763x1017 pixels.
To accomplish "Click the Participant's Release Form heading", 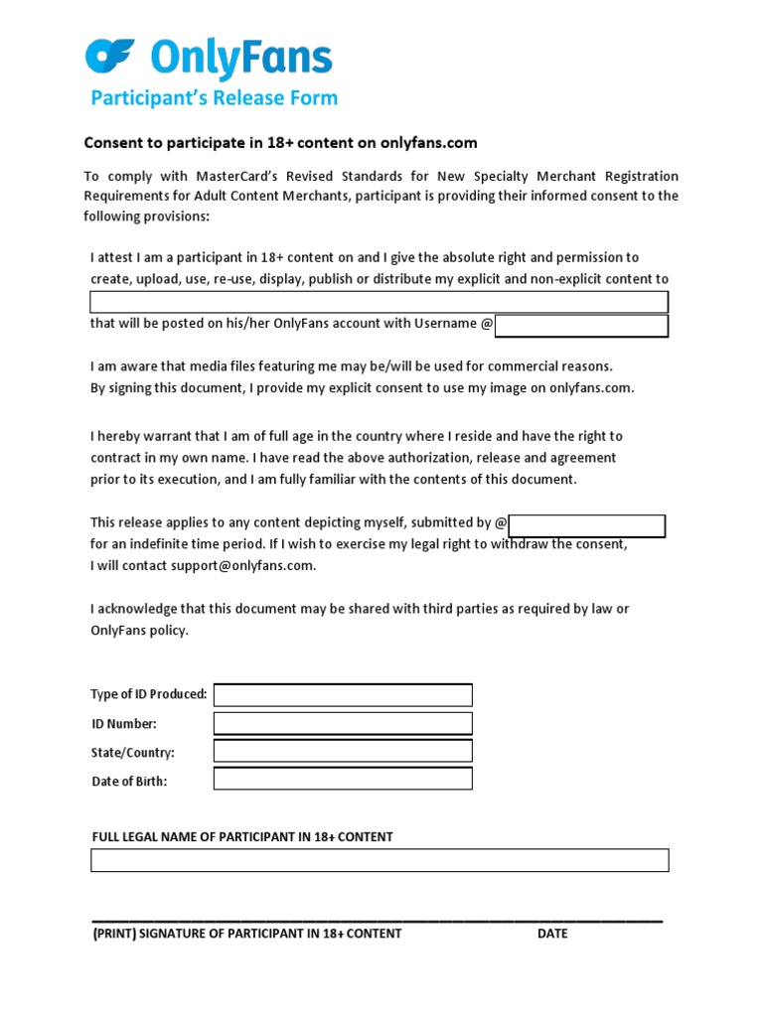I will tap(215, 97).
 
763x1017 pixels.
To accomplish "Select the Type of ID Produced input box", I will tap(343, 695).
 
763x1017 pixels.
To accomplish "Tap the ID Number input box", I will tap(343, 723).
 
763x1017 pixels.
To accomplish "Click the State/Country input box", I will tap(343, 751).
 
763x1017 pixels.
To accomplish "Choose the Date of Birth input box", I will tap(343, 779).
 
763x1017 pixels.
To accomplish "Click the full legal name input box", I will tap(380, 860).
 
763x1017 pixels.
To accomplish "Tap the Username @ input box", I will tap(581, 326).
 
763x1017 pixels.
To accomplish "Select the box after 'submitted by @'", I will tap(587, 525).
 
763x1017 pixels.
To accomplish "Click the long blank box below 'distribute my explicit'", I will tap(380, 302).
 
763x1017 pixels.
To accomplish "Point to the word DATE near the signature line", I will tap(553, 934).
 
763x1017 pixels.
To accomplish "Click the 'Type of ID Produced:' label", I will tap(149, 694).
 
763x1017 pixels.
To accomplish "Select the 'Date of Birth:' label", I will tap(129, 782).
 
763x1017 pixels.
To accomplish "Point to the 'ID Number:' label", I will tap(124, 724).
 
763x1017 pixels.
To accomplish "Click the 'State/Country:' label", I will tap(133, 753).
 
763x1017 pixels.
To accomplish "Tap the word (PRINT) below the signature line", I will tap(113, 934).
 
